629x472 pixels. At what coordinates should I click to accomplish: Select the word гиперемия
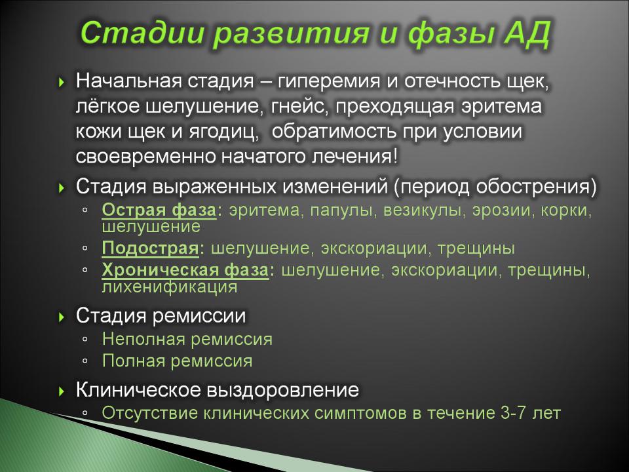tap(328, 82)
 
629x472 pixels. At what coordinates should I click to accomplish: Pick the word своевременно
tap(146, 157)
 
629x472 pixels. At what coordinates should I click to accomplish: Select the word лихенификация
tap(169, 287)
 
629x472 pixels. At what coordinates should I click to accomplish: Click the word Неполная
tap(143, 339)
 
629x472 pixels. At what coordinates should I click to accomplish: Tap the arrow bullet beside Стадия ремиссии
tap(62, 317)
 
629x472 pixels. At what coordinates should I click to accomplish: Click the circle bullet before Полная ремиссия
tap(85, 361)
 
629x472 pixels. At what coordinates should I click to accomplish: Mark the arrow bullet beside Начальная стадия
tap(62, 83)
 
